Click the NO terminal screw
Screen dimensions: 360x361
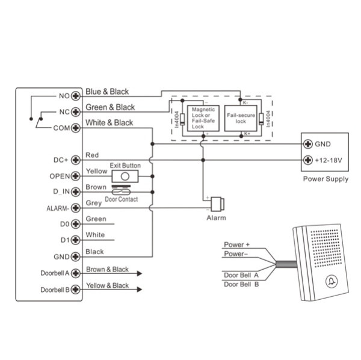point(76,96)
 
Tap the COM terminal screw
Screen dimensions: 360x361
point(76,128)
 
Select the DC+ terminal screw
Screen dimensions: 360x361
point(76,160)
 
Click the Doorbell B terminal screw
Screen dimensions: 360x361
point(76,289)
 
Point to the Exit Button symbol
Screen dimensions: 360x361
point(125,176)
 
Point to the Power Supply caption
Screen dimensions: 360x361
point(325,179)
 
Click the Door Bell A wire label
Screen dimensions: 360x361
point(241,275)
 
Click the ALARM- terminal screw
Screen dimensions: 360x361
point(76,208)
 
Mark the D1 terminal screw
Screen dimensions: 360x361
point(76,240)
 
